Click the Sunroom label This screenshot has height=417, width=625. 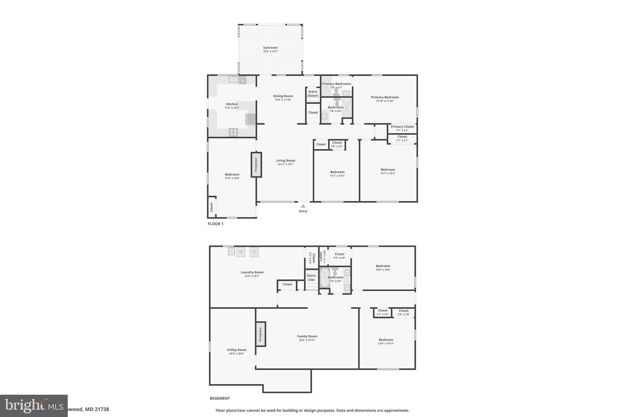(x=270, y=48)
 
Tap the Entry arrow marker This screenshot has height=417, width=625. (x=303, y=206)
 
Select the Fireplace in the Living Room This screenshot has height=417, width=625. (x=256, y=165)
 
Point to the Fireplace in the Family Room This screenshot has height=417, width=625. (x=261, y=334)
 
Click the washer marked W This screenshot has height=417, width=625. (x=241, y=252)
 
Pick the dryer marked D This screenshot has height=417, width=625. (x=254, y=252)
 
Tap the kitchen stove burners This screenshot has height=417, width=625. (x=233, y=132)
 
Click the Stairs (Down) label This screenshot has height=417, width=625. (x=313, y=93)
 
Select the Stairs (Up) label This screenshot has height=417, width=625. (x=311, y=277)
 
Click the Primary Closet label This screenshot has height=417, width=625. (x=402, y=127)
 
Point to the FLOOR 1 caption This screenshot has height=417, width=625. (x=215, y=224)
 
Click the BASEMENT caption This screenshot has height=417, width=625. (x=220, y=398)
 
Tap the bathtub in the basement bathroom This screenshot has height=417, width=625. (x=325, y=277)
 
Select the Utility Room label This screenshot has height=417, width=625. (x=237, y=350)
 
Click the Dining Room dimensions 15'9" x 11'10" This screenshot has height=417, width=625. (x=283, y=100)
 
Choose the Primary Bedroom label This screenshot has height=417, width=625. (x=385, y=97)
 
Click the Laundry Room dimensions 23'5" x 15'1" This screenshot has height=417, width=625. (x=252, y=276)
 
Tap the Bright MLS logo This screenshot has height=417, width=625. (x=34, y=406)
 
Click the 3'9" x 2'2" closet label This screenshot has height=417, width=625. (x=337, y=146)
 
